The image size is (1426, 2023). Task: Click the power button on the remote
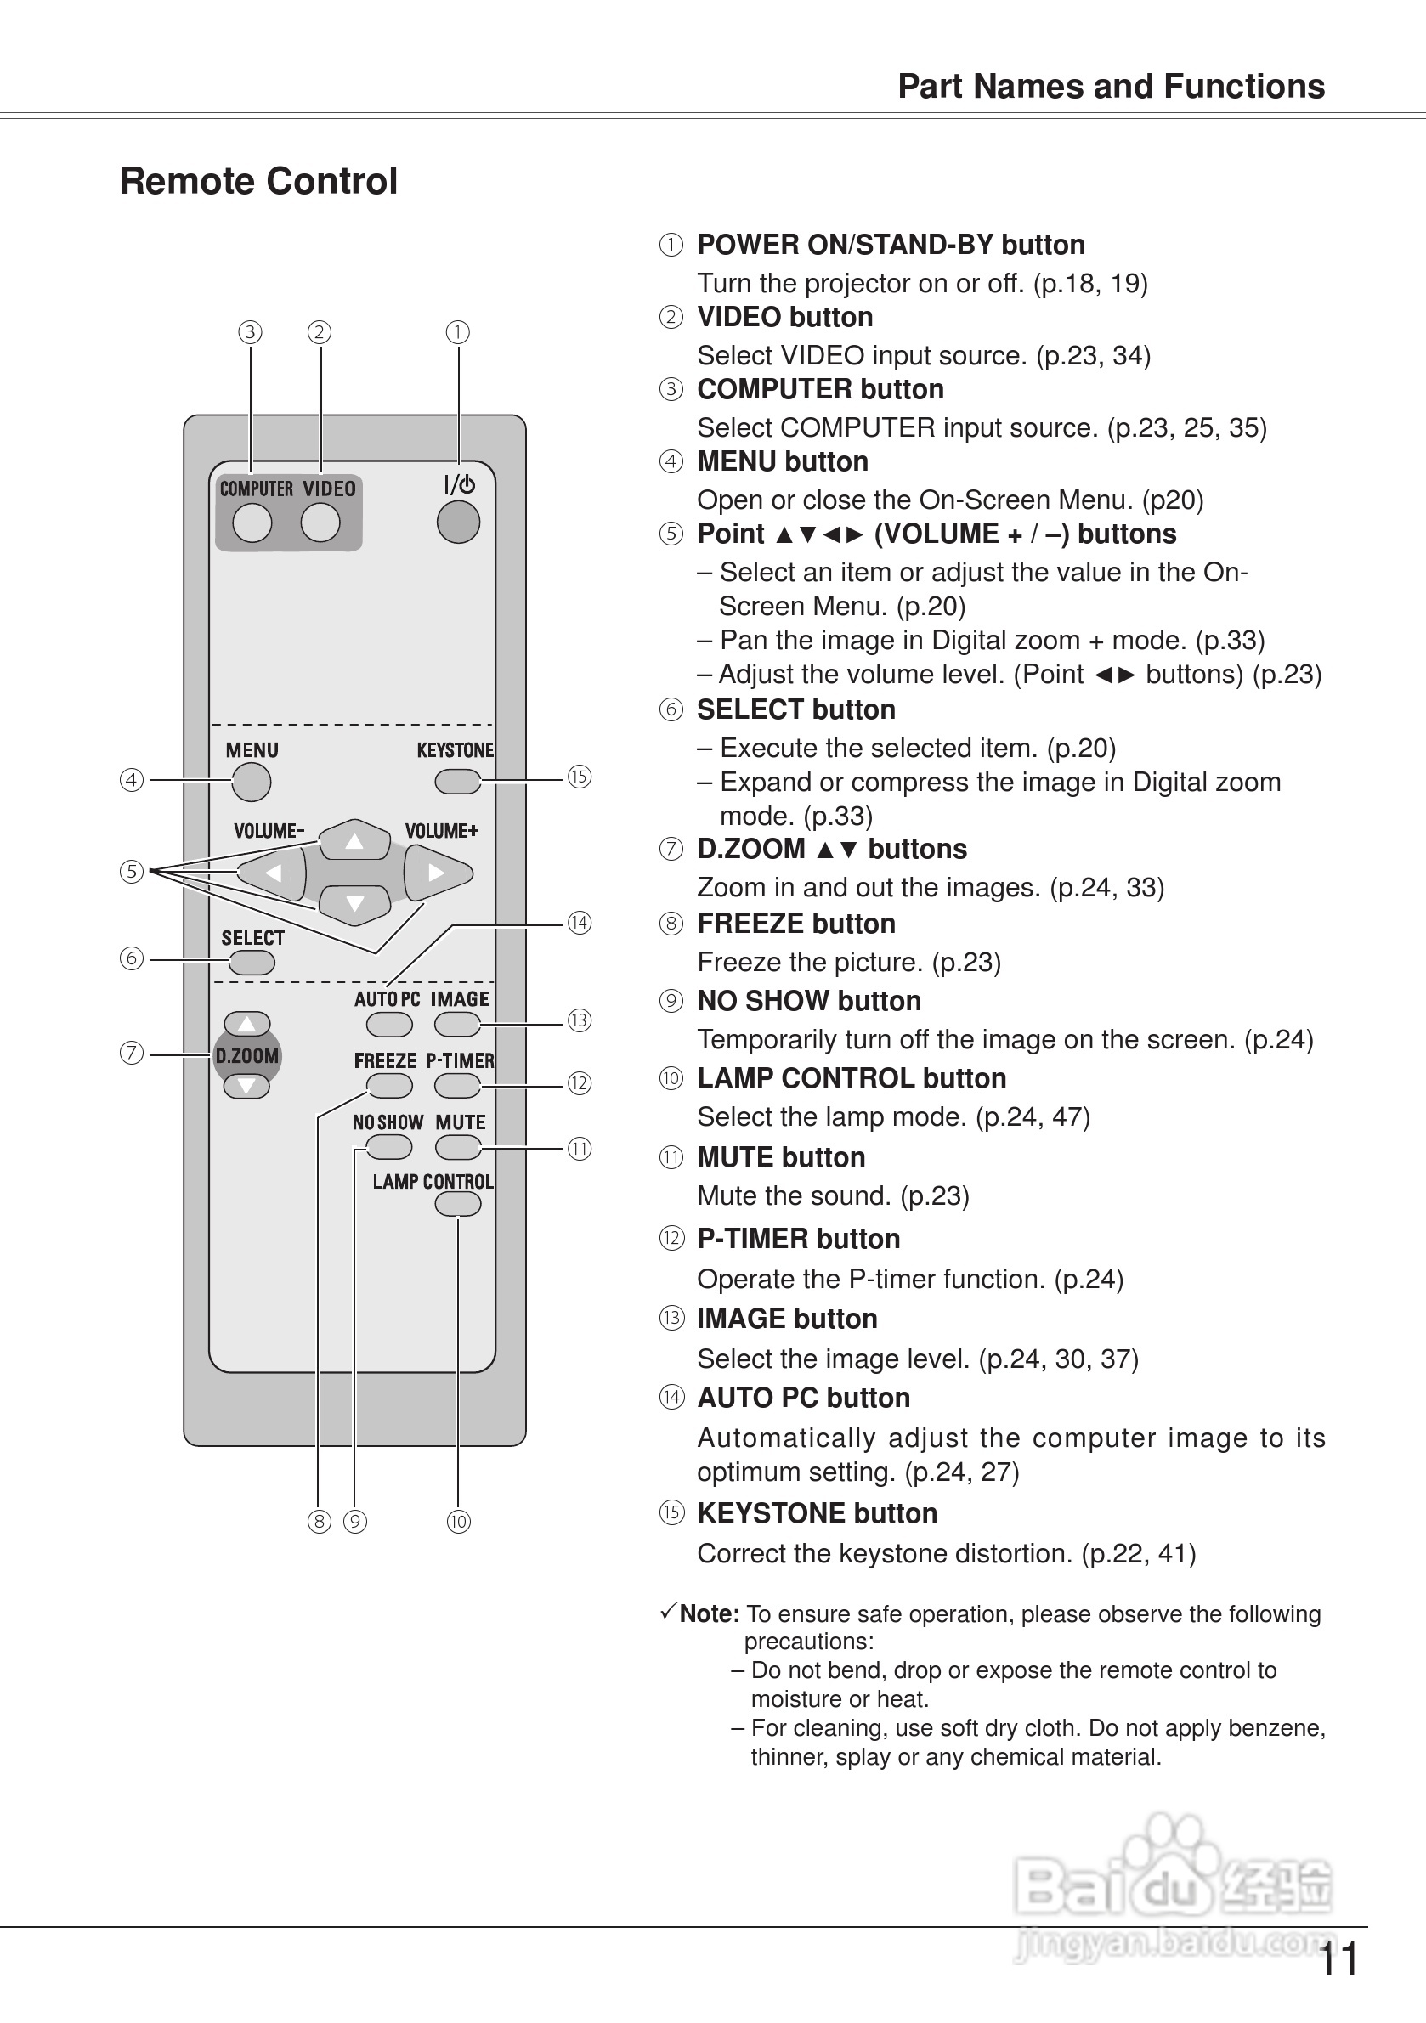[458, 522]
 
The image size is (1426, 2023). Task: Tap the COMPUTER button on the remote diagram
[252, 523]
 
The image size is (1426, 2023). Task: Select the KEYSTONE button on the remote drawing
[457, 781]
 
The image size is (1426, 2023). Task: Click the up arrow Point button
[354, 840]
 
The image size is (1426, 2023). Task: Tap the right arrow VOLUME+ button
[437, 873]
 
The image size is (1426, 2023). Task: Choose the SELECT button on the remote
[252, 962]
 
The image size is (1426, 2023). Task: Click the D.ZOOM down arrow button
[246, 1087]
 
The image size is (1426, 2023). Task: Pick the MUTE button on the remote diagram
[457, 1147]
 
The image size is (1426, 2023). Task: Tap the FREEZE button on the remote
[389, 1086]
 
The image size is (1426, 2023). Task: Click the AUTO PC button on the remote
[389, 1025]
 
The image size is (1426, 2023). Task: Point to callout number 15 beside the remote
[579, 777]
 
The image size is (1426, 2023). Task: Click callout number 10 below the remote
[458, 1521]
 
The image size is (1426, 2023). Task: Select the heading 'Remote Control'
[258, 182]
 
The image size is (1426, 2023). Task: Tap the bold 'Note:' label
[709, 1613]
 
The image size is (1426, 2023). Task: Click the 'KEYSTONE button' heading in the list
[816, 1513]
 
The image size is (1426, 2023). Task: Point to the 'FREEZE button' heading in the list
[795, 924]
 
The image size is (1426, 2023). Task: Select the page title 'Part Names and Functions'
[1111, 87]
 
